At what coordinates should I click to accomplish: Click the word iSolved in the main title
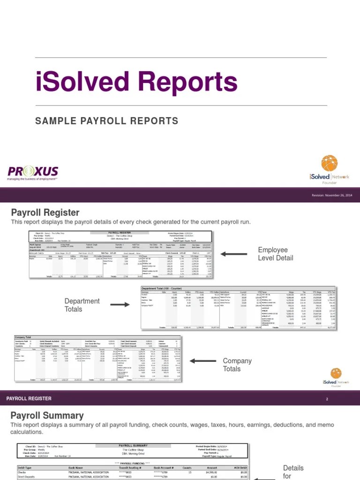(x=80, y=82)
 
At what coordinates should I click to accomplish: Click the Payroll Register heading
(x=45, y=213)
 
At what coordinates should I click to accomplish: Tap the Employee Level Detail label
(x=275, y=254)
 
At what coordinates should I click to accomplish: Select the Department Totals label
(x=82, y=305)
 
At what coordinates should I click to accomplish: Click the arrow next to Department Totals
(x=120, y=305)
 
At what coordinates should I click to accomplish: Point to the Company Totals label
(x=237, y=365)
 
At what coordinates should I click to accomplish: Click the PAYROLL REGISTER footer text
(x=29, y=398)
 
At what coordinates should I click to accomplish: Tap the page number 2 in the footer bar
(x=327, y=398)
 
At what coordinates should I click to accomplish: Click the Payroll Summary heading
(x=47, y=415)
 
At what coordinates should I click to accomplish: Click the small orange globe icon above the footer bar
(x=336, y=373)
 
